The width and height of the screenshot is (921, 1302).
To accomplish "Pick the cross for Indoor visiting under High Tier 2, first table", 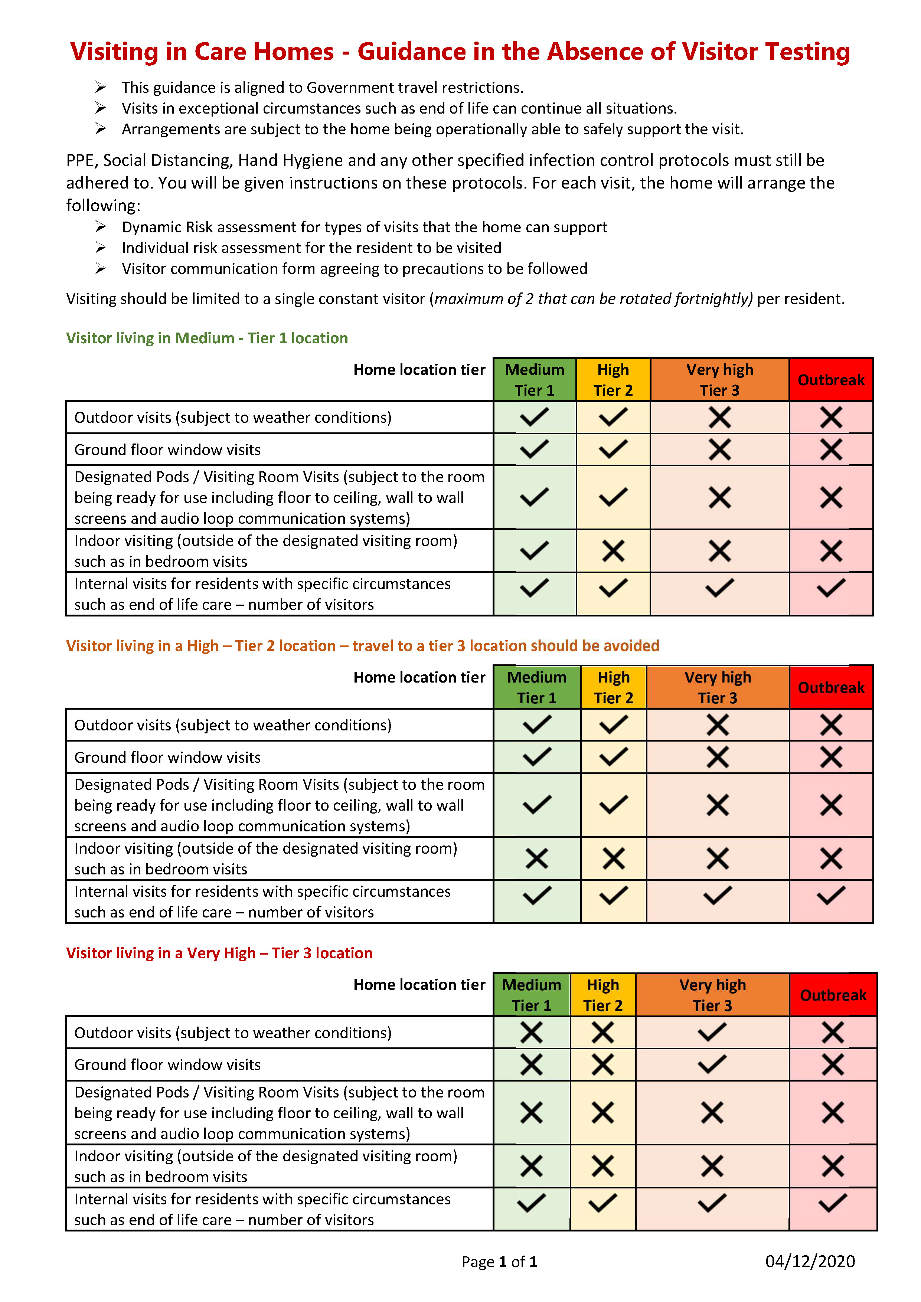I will (x=613, y=551).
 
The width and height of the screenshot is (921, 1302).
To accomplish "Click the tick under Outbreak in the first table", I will (x=831, y=588).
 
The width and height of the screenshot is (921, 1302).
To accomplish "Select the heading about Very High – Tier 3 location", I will (x=219, y=953).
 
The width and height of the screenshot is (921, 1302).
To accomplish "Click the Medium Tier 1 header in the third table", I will (x=531, y=995).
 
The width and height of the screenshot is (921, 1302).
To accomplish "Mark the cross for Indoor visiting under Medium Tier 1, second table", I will (x=536, y=858).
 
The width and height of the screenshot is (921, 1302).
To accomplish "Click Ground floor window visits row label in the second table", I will (x=167, y=757).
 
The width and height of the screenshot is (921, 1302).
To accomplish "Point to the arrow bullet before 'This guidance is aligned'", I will (x=100, y=87).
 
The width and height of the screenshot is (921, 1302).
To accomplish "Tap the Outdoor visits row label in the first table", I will (x=232, y=418).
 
